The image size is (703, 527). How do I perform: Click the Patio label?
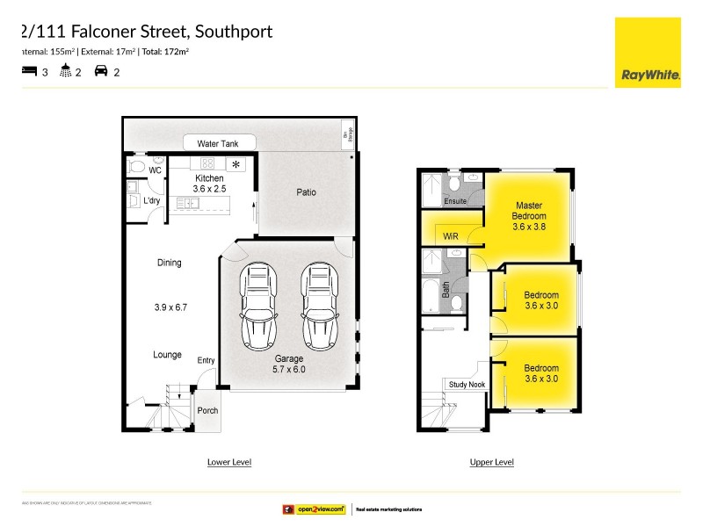[306, 192]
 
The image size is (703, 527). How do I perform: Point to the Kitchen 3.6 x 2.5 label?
[209, 183]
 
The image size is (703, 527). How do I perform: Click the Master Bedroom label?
[530, 215]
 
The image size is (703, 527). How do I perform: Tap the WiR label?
[451, 236]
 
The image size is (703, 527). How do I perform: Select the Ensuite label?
[455, 200]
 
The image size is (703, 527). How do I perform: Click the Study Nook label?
[467, 385]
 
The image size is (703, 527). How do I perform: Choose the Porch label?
[207, 410]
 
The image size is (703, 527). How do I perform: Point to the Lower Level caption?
[228, 462]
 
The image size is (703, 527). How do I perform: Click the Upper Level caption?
[492, 462]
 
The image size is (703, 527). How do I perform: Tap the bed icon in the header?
[29, 72]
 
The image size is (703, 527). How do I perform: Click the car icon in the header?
[101, 72]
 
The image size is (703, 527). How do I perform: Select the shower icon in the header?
[65, 72]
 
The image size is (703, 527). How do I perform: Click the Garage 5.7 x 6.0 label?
[288, 364]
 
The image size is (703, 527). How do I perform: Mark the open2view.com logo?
[313, 509]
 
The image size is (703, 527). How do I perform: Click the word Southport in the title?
[233, 32]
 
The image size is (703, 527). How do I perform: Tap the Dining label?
[169, 263]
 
